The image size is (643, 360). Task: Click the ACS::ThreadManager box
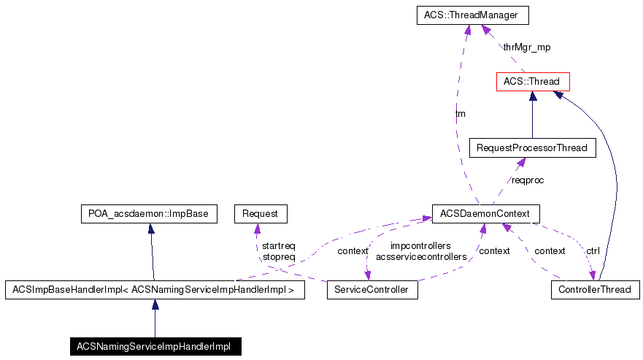[471, 15]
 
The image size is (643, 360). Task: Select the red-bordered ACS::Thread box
[532, 81]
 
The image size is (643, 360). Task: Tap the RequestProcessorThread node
[532, 148]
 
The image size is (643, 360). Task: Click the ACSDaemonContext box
[485, 213]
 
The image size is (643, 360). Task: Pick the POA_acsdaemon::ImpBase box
[150, 213]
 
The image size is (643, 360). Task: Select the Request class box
[260, 213]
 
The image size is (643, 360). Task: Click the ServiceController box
[372, 290]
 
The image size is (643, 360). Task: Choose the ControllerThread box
[595, 290]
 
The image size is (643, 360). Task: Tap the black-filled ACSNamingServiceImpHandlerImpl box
[155, 346]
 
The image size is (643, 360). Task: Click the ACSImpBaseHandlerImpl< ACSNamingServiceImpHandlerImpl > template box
[155, 290]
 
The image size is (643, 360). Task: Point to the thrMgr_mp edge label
[527, 47]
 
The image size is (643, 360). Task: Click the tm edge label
[460, 114]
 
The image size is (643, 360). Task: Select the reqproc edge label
[527, 180]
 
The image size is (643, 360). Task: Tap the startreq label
[279, 246]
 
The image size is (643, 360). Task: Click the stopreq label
[279, 257]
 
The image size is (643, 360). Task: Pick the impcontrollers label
[420, 246]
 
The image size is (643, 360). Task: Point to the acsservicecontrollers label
[420, 257]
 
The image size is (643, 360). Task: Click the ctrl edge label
[593, 251]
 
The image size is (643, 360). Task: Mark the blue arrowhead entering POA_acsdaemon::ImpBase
[150, 228]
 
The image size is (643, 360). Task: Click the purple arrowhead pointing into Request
[256, 228]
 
